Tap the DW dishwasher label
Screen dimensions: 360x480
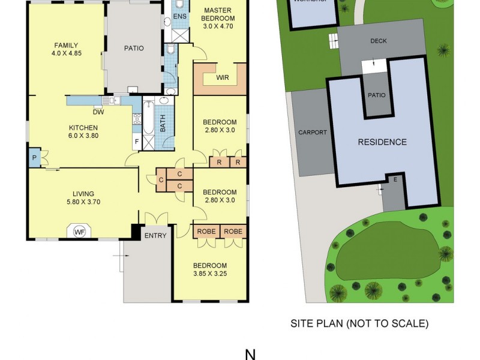click(98, 112)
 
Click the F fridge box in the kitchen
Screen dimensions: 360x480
click(137, 143)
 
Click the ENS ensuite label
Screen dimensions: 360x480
click(179, 16)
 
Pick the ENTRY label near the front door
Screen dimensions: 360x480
click(155, 236)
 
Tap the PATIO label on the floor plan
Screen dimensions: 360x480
click(133, 49)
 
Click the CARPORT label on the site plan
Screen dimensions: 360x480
click(312, 132)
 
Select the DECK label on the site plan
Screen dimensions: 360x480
click(379, 41)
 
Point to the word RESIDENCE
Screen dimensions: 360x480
click(382, 142)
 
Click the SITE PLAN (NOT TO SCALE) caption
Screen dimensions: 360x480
click(359, 323)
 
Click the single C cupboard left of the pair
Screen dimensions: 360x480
click(161, 180)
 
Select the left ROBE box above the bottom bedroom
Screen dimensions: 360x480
click(206, 231)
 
